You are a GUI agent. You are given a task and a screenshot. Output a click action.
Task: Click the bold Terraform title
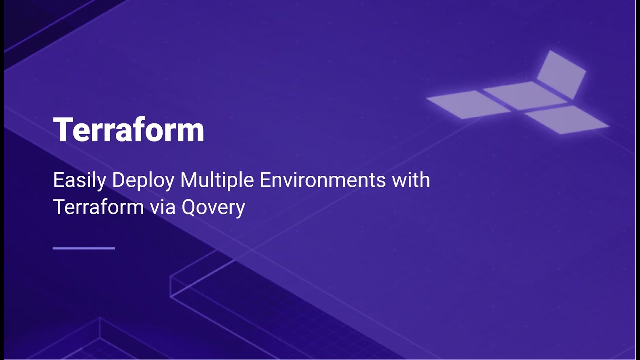(128, 130)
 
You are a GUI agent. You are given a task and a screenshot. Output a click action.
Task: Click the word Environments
(322, 180)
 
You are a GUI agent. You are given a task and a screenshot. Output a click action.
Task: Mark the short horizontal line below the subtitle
(84, 248)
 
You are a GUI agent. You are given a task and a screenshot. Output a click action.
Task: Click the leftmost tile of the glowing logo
(468, 104)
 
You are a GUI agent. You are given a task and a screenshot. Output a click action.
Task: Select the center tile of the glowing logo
(525, 95)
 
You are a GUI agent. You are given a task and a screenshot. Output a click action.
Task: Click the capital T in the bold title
(63, 130)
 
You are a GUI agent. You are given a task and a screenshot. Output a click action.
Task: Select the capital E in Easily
(58, 180)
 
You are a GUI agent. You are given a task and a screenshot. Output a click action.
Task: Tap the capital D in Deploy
(118, 180)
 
